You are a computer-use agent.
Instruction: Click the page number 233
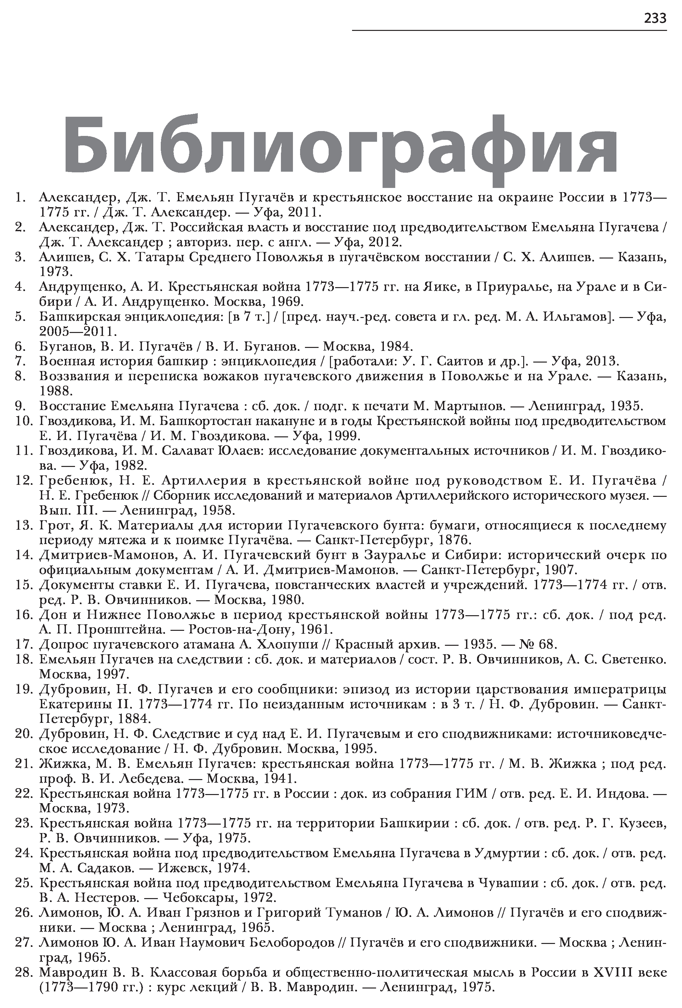(655, 18)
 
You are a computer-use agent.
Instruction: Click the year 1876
(453, 540)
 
